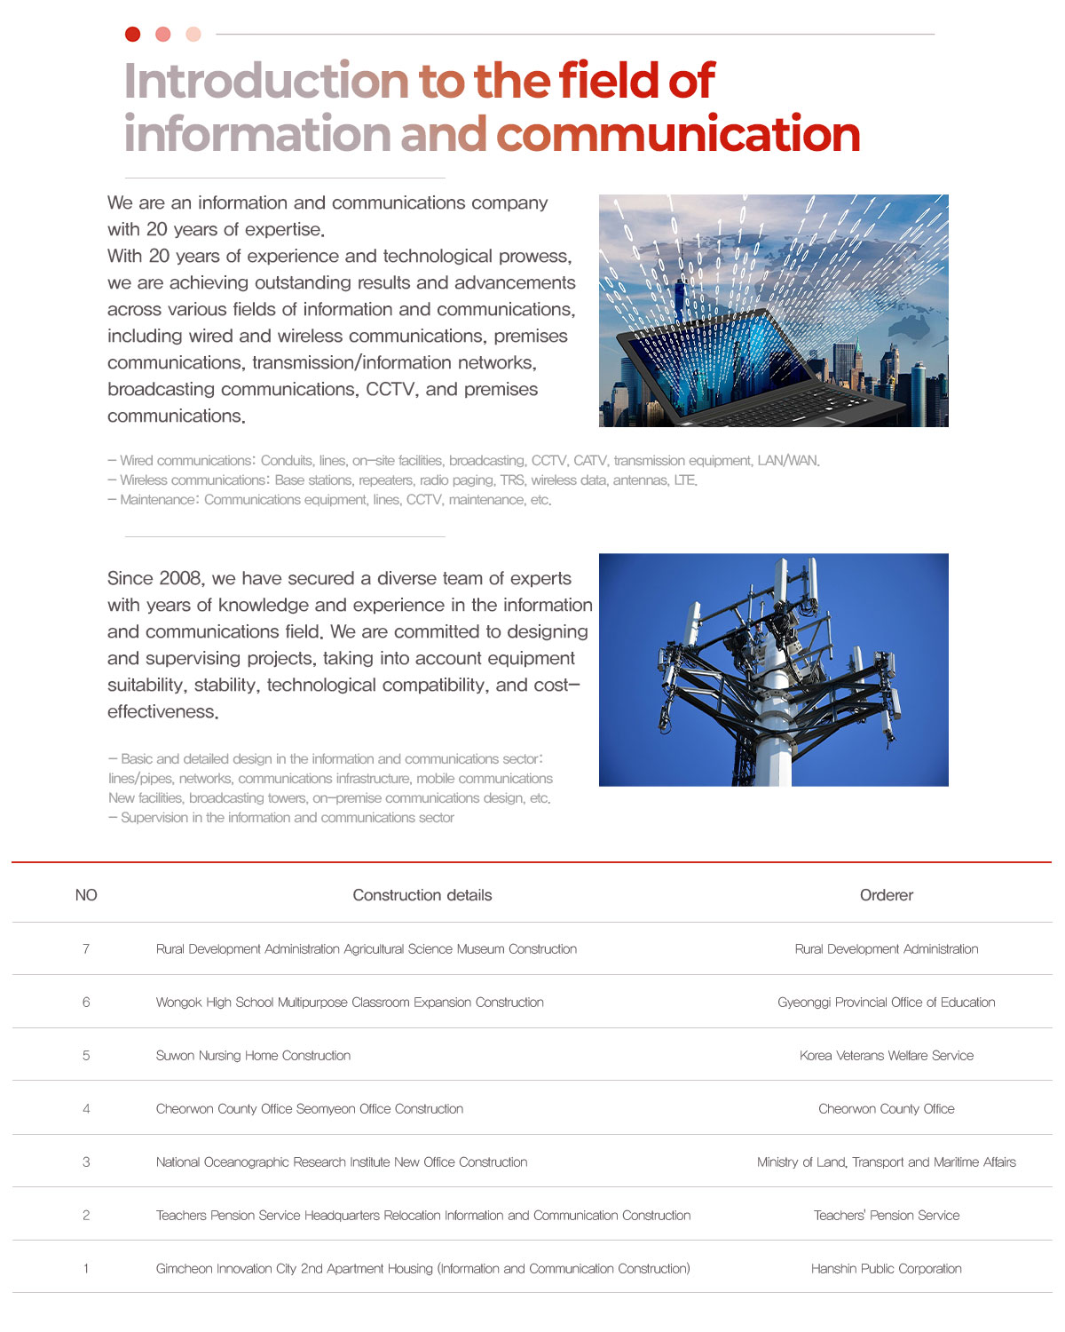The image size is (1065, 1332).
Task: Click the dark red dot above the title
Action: coord(133,35)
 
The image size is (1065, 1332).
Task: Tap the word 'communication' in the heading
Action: coord(678,135)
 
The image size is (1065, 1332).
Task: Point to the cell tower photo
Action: coord(773,670)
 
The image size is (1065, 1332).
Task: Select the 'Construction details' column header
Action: coord(422,895)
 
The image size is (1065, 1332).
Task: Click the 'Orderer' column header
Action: coord(886,895)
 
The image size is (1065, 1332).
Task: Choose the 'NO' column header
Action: coord(86,895)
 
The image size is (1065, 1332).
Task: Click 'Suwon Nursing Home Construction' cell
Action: coord(253,1056)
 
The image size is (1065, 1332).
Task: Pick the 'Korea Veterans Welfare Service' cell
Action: coord(886,1056)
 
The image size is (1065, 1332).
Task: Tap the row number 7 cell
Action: coord(86,949)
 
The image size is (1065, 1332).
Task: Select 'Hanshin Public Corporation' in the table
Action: coord(886,1269)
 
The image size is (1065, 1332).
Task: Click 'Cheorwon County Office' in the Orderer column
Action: coord(886,1109)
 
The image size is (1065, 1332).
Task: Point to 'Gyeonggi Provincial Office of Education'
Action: coord(886,1003)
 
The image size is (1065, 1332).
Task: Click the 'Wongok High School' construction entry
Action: coord(350,1003)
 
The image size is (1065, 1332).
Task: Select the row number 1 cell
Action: coord(86,1269)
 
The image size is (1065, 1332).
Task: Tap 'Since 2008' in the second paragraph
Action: coord(156,579)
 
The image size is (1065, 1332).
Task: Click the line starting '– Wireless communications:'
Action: coord(402,480)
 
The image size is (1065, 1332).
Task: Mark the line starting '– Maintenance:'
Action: coord(329,500)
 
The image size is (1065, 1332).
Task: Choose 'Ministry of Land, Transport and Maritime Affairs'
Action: coord(886,1162)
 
